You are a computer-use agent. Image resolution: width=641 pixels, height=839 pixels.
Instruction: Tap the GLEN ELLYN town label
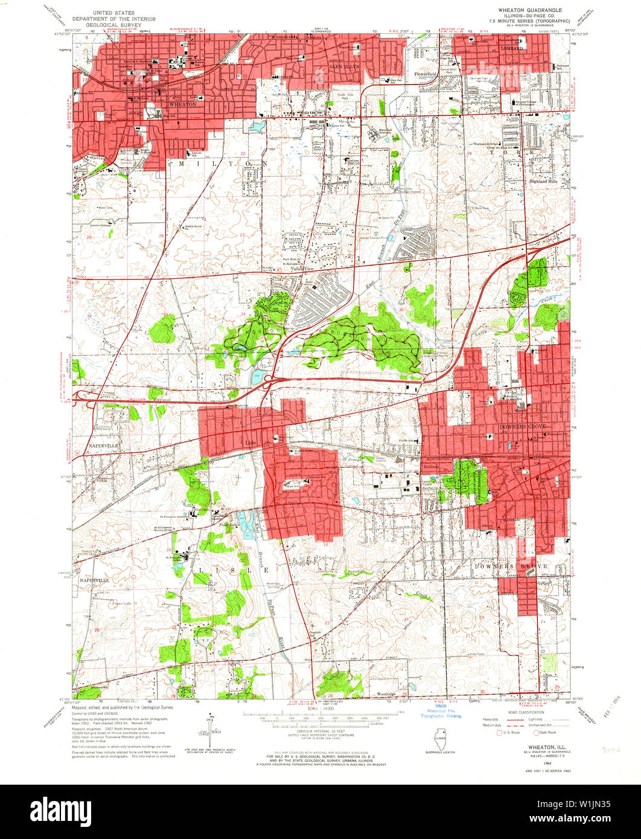(x=337, y=66)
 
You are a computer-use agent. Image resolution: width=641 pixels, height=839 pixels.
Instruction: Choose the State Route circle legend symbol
(x=535, y=733)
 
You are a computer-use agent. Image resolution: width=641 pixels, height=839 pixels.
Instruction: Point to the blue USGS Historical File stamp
(x=441, y=710)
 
